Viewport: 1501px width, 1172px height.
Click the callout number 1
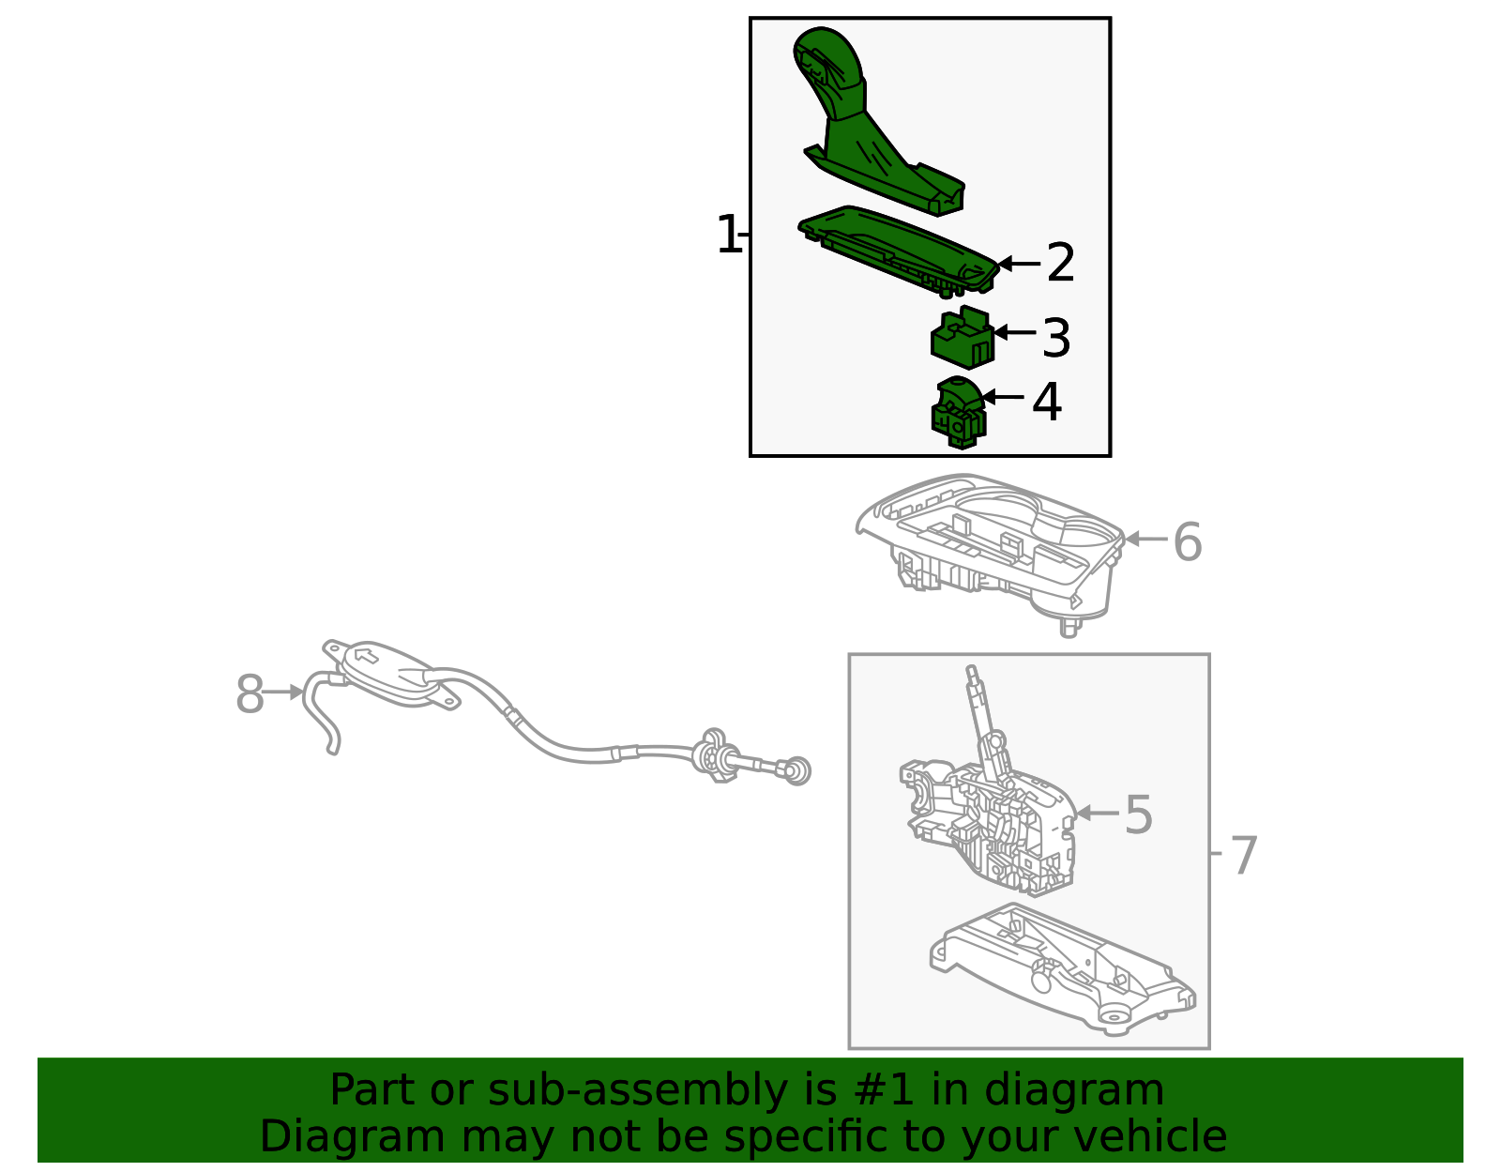(728, 235)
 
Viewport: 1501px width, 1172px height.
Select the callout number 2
(1061, 263)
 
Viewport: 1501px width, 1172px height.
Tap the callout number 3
(1056, 339)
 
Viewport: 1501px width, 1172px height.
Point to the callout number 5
(1139, 814)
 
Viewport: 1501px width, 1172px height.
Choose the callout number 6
(1188, 542)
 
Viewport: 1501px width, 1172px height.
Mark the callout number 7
(1244, 855)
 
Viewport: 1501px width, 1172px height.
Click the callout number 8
(250, 693)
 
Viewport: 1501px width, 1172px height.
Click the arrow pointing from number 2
(1019, 263)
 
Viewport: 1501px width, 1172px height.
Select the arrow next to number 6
(1146, 539)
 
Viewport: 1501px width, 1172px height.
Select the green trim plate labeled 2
(899, 251)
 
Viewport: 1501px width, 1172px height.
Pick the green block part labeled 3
(963, 337)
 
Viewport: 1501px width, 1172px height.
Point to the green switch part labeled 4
(959, 412)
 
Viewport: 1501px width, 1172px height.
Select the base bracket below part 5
(1062, 969)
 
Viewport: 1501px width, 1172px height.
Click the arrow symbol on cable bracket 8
(366, 654)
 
